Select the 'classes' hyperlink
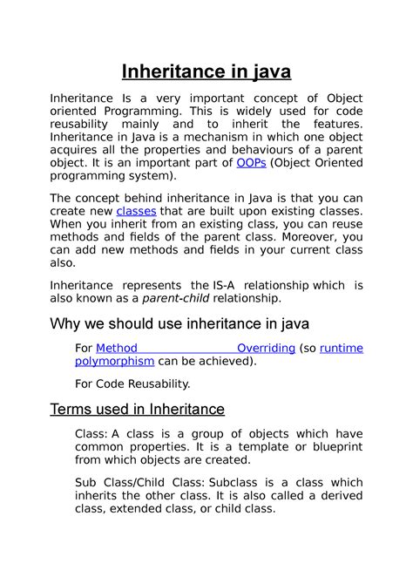click(x=136, y=211)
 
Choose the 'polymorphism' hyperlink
click(x=115, y=361)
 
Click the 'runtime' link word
click(x=342, y=348)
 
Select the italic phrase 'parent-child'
click(x=173, y=298)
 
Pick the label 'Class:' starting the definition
click(x=92, y=434)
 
